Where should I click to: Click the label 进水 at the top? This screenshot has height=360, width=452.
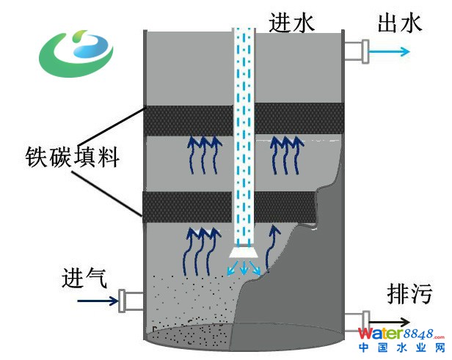tap(291, 23)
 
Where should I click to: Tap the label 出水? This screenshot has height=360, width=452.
tap(400, 23)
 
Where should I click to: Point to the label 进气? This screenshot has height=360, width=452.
tap(85, 278)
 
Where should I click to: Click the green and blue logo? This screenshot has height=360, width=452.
tap(76, 54)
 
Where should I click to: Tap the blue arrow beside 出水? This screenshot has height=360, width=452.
tap(389, 51)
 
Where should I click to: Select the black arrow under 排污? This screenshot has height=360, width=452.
tap(389, 321)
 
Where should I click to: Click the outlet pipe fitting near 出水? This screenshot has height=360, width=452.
tap(356, 51)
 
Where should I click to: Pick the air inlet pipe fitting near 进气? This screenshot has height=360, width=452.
tap(130, 299)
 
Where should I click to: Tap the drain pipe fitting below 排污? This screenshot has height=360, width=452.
tap(354, 321)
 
